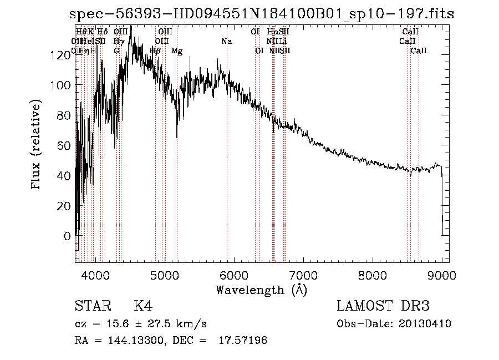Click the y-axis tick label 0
(67, 236)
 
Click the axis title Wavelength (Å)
(261, 290)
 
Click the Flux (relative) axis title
(37, 146)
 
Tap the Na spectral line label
(226, 42)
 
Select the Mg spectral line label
(177, 51)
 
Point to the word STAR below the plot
(92, 307)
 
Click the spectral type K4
(143, 307)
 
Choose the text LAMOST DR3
(383, 307)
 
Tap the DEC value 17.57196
(246, 341)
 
